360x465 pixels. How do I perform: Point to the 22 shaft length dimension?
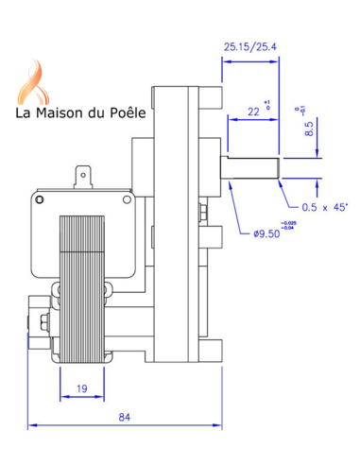[254, 112]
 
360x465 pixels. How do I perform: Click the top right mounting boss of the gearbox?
[211, 96]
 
